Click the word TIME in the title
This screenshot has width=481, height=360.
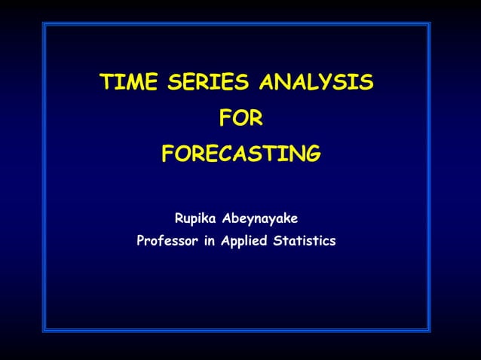126,82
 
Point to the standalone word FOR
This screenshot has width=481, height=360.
240,118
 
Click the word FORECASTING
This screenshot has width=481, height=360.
240,154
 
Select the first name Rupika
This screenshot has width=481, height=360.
195,219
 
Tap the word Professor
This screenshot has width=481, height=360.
167,242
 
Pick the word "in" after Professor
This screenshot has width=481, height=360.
210,242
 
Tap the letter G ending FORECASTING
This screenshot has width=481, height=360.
312,154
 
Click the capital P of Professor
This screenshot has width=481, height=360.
140,242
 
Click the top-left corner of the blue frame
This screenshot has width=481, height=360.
44,23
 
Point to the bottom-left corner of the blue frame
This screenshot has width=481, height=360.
44,331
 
